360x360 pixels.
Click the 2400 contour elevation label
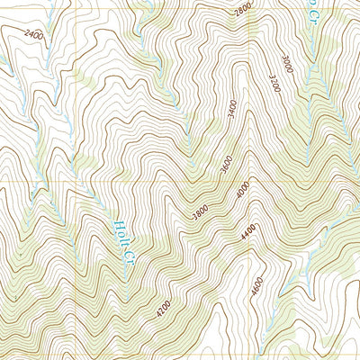pyautogui.click(x=33, y=37)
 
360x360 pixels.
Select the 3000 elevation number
pyautogui.click(x=286, y=65)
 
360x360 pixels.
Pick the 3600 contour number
pyautogui.click(x=225, y=166)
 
